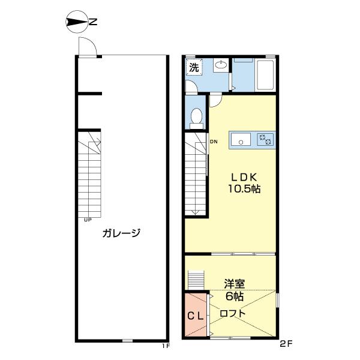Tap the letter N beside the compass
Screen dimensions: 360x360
93,23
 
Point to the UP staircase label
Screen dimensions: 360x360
88,220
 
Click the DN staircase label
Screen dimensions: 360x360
213,142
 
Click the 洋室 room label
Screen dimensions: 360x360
235,284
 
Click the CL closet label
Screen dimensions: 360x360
194,316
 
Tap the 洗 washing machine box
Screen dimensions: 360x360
194,67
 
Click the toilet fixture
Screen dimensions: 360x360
196,116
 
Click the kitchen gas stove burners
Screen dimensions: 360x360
265,139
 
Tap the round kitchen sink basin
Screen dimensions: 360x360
242,141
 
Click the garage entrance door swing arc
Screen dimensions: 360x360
86,46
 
